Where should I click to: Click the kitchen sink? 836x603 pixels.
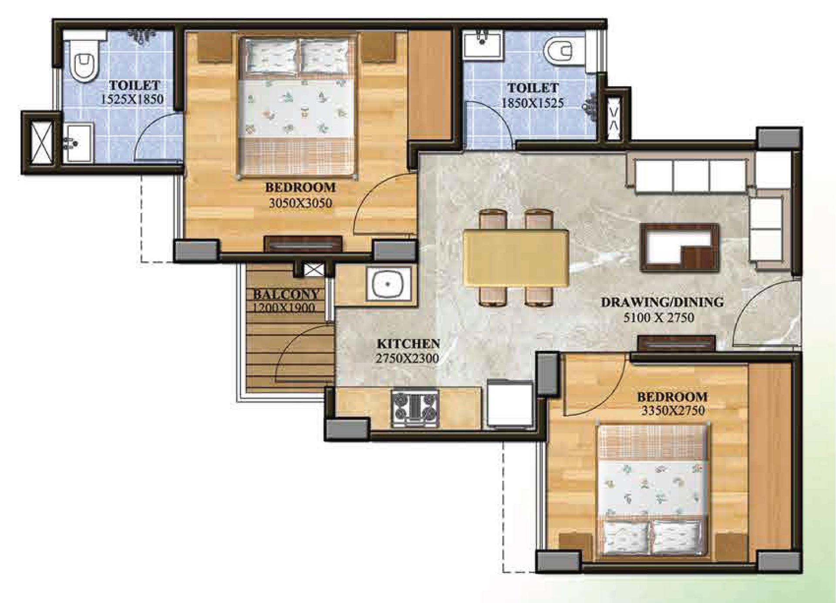click(389, 284)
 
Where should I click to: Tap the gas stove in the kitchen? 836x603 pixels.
click(415, 408)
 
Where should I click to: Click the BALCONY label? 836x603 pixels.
click(286, 294)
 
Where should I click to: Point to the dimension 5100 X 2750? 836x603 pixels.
click(658, 317)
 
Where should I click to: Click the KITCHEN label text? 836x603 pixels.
click(408, 344)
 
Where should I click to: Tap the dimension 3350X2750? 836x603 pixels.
click(673, 410)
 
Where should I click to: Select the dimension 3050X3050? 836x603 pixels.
click(300, 203)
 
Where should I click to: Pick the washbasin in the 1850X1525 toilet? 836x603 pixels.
click(482, 44)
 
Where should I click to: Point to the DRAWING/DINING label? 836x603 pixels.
click(662, 302)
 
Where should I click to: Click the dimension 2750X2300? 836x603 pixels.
click(407, 358)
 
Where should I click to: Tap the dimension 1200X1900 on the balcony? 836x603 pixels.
click(283, 307)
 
